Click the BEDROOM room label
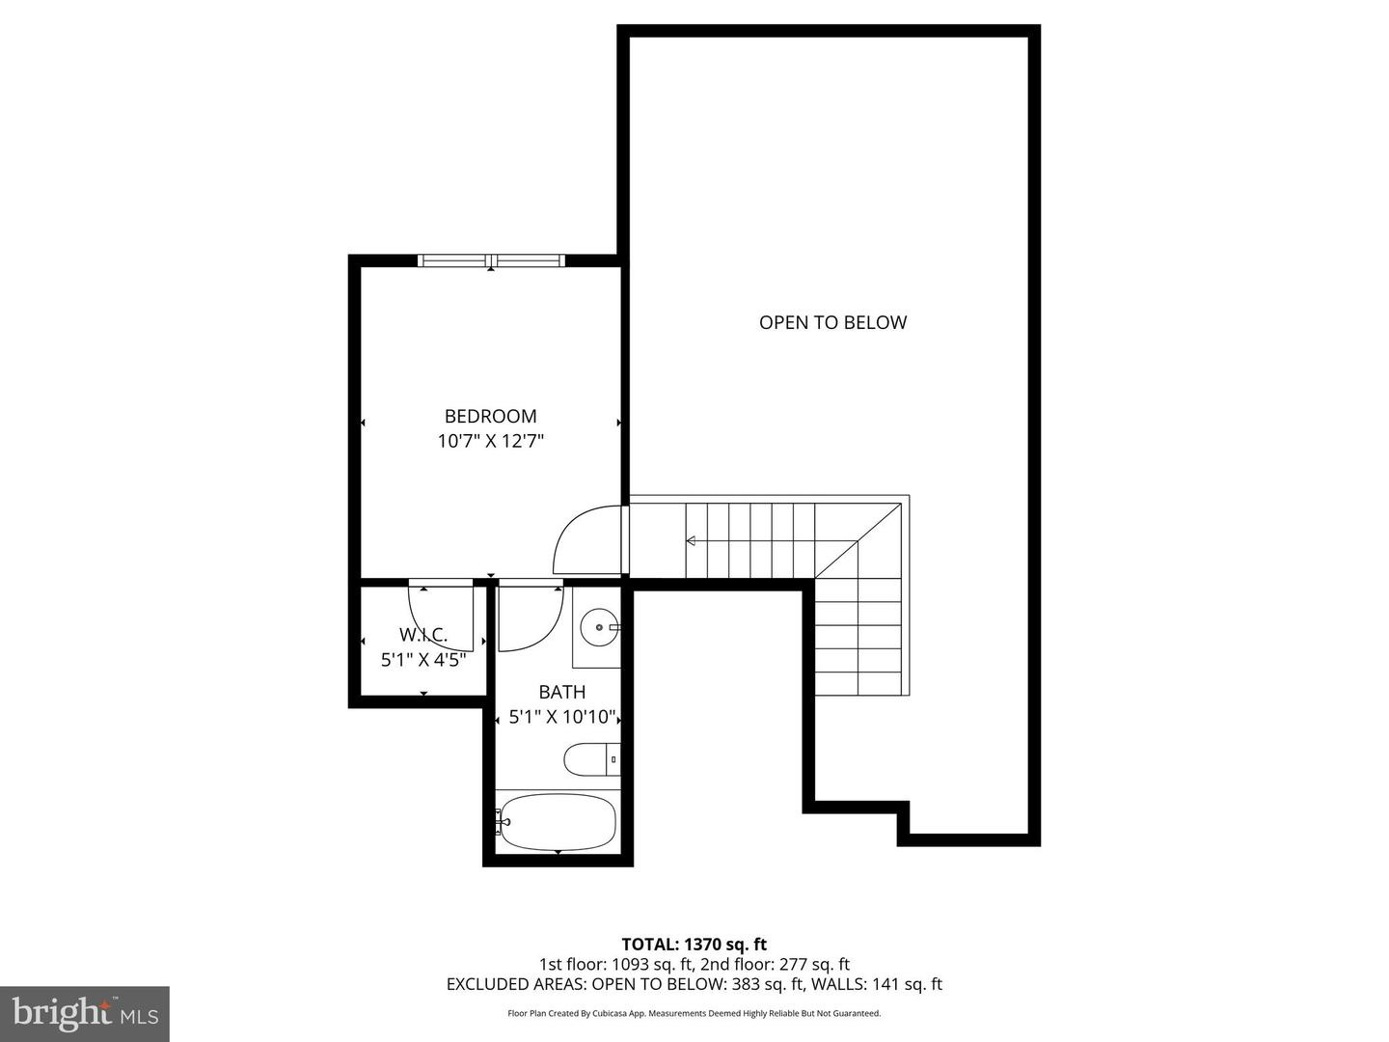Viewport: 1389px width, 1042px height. point(490,417)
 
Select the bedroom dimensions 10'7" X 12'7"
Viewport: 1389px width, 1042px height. point(490,442)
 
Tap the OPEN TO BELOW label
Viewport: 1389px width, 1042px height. point(832,322)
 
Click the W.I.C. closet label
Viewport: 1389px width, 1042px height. point(423,635)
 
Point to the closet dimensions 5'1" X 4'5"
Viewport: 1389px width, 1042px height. point(423,660)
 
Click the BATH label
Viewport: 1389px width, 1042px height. point(561,692)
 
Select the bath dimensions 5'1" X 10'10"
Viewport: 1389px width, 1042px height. point(561,717)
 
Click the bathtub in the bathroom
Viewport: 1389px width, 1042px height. point(558,821)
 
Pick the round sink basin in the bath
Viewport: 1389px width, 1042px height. point(600,628)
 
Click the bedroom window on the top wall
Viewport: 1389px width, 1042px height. point(491,260)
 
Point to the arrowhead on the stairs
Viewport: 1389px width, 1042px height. point(691,541)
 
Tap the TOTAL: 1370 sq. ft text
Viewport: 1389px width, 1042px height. point(694,945)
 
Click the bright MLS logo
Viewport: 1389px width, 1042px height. point(85,1013)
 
